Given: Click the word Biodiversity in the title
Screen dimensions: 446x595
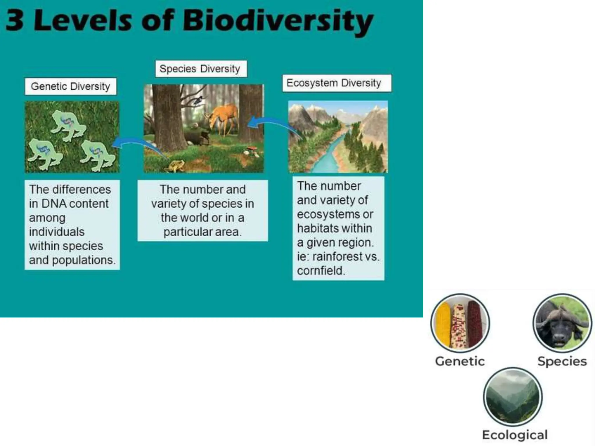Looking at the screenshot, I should (x=277, y=21).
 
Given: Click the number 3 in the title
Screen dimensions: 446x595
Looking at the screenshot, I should (x=15, y=20).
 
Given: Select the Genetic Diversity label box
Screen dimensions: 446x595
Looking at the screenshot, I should (x=71, y=87).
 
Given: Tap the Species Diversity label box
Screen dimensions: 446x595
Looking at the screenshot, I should (x=201, y=69).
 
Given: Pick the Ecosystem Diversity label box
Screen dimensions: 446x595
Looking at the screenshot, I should (x=336, y=83).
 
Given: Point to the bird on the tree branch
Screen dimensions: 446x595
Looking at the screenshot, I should (x=198, y=100).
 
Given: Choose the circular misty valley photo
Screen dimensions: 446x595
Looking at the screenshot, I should (x=512, y=397).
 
